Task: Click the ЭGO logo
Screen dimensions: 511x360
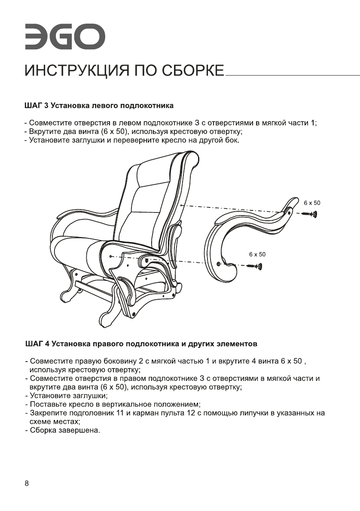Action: point(64,37)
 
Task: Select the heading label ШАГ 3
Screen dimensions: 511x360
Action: point(36,105)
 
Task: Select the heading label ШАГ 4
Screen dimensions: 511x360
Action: point(36,344)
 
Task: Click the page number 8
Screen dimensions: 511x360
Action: point(27,484)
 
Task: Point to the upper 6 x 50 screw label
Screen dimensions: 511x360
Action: point(312,202)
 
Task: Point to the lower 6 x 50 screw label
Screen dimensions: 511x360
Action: point(257,254)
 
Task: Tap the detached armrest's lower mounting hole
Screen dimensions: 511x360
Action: point(219,263)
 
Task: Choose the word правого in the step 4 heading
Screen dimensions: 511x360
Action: point(101,344)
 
